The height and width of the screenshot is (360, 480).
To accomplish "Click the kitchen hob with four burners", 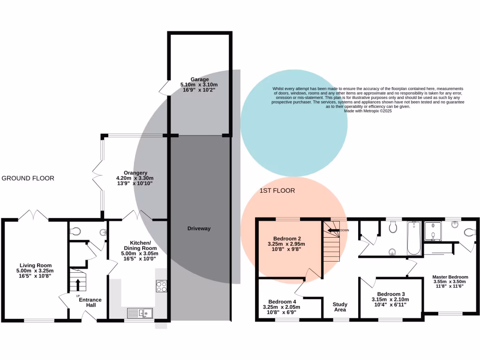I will [162, 286].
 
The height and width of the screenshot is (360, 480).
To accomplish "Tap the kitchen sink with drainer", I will [140, 312].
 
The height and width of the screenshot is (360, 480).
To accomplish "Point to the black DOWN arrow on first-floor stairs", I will [333, 230].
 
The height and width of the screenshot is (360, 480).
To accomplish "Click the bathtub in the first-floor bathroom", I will [413, 238].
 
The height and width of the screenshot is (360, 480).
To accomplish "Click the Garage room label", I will [200, 79].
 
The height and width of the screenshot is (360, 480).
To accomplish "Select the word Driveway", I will [199, 229].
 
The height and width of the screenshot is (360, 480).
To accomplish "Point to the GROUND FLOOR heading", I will [28, 178].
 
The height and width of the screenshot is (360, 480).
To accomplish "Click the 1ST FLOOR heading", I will [277, 191].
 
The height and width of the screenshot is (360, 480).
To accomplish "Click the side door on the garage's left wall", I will [164, 87].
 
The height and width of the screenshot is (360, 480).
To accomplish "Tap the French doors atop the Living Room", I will [33, 216].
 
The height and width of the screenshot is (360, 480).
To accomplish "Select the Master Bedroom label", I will [450, 277].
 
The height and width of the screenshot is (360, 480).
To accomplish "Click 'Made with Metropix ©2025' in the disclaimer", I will [368, 111].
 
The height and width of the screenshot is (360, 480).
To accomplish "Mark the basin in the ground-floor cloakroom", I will [103, 232].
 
